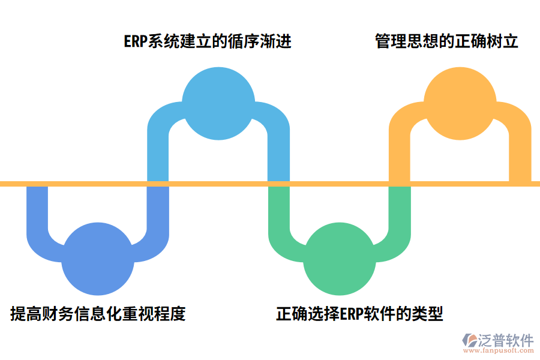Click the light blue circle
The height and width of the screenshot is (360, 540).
(x=218, y=103)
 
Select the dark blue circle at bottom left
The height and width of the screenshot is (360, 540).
(x=98, y=259)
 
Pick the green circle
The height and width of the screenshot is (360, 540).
(x=340, y=259)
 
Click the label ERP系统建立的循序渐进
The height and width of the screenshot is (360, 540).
(x=208, y=41)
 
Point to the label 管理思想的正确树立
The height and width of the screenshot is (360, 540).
(x=447, y=41)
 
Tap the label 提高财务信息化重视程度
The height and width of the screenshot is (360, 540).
(x=98, y=313)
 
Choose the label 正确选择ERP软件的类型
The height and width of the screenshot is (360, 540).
(x=359, y=313)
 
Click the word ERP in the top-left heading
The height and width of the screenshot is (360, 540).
(x=136, y=41)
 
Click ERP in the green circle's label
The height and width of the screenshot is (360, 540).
(x=353, y=313)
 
